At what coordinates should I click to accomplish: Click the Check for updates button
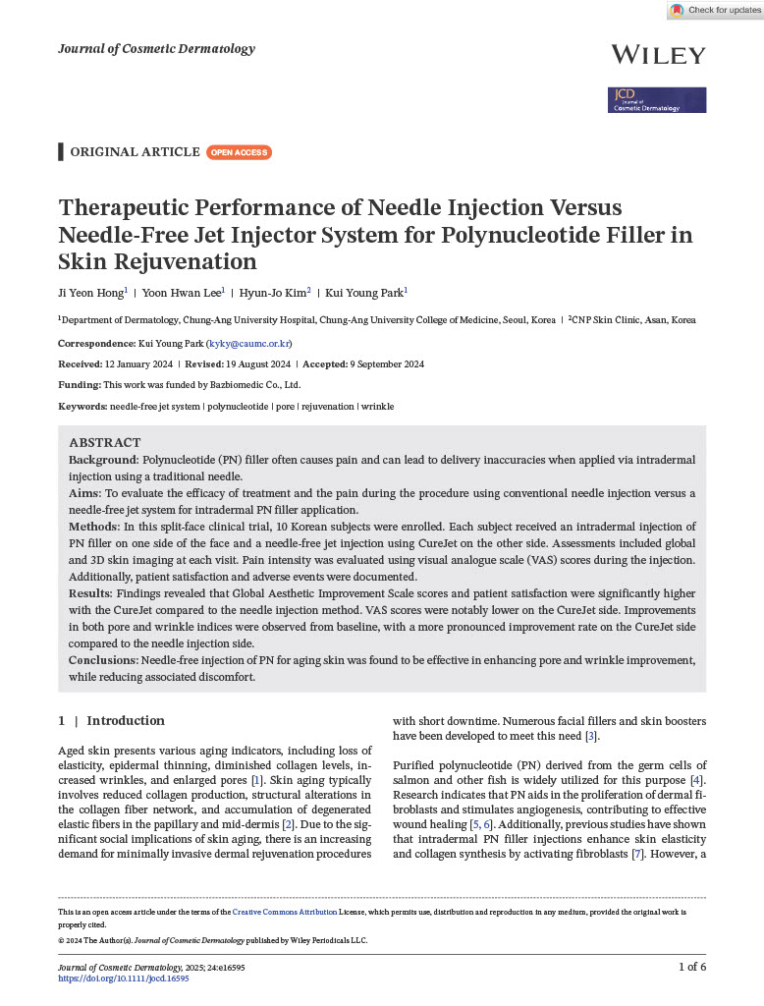pyautogui.click(x=715, y=10)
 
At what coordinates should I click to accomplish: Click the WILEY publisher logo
pyautogui.click(x=658, y=55)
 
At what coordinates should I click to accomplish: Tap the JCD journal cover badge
pyautogui.click(x=657, y=100)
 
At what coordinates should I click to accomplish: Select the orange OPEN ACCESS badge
pyautogui.click(x=240, y=152)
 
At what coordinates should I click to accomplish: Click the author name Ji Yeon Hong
pyautogui.click(x=90, y=292)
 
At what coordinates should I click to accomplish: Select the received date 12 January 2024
pyautogui.click(x=136, y=364)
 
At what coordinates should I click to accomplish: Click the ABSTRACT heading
pyautogui.click(x=105, y=443)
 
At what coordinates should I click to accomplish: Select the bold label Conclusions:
pyautogui.click(x=103, y=659)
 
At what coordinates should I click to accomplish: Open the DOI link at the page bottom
pyautogui.click(x=124, y=978)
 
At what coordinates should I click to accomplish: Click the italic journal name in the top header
pyautogui.click(x=156, y=49)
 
